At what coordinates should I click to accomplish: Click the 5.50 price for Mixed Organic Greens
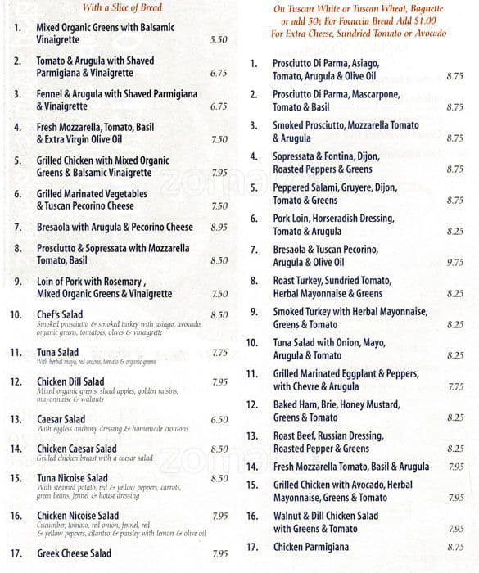(218, 39)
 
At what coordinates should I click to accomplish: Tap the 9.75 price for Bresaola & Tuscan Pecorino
(454, 263)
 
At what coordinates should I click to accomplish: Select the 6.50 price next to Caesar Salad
(219, 419)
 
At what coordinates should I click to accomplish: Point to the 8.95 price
(219, 227)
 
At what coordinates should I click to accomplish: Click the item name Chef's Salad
(60, 314)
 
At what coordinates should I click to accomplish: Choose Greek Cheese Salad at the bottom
(74, 553)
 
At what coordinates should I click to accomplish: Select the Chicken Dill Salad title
(70, 381)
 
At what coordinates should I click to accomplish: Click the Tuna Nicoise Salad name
(72, 478)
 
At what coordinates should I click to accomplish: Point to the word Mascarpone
(377, 95)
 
